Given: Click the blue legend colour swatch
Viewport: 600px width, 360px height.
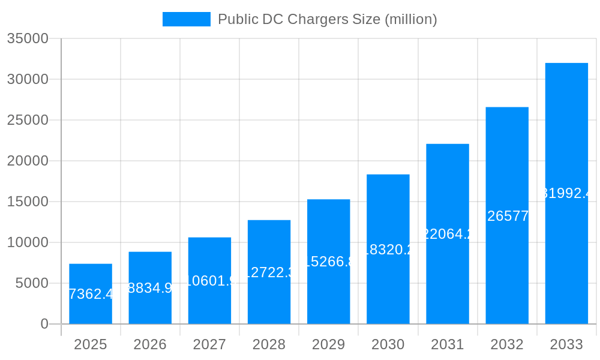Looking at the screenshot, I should pos(187,19).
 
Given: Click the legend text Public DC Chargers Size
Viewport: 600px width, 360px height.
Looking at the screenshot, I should pos(327,19).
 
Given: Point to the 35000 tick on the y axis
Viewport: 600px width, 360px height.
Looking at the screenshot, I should pos(27,38).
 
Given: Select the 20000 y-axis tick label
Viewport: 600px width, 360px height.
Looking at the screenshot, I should pos(27,161).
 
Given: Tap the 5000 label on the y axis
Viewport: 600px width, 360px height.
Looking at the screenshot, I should pos(31,283).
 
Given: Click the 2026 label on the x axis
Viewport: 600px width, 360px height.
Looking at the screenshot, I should pos(150,344).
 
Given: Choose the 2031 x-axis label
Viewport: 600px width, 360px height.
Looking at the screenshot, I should pos(448,344).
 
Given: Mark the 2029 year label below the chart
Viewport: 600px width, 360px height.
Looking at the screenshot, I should pos(329,344).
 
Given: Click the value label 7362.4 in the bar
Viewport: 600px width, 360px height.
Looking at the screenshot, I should pos(91,294).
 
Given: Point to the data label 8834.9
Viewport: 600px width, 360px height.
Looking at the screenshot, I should pos(150,288).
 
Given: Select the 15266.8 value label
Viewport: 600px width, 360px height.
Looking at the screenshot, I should pos(329,262).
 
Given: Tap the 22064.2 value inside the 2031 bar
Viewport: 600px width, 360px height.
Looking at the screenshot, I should pos(448,234).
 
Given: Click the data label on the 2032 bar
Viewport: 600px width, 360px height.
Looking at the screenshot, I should pos(507,216).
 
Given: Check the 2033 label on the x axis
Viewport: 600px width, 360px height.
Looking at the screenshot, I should pos(566,344).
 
